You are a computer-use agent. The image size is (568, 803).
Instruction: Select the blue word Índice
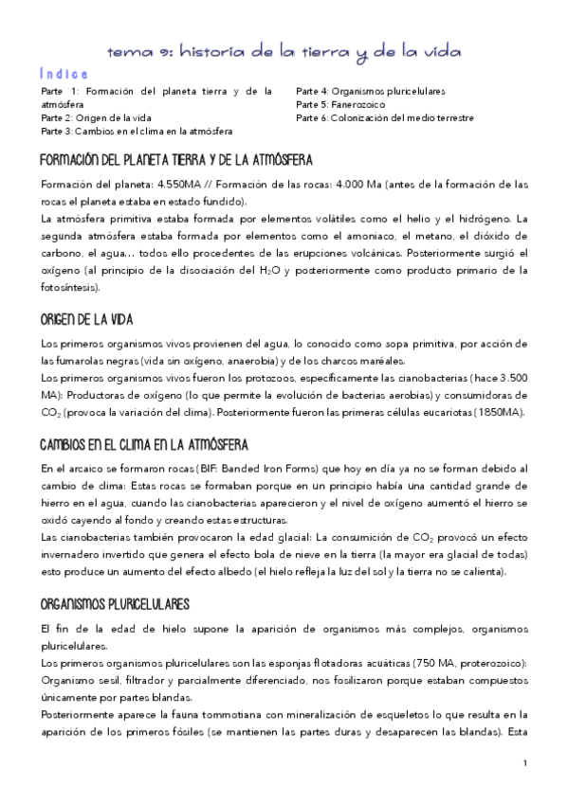pos(64,74)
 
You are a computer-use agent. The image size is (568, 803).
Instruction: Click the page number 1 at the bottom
pos(524,763)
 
